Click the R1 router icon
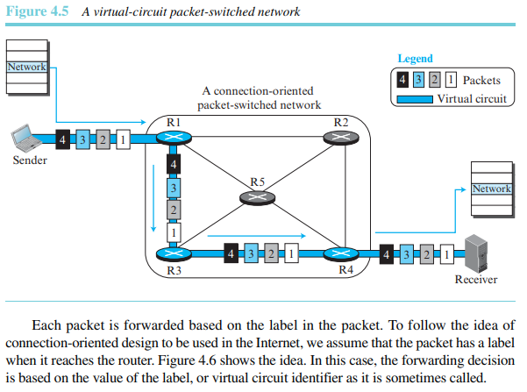[174, 138]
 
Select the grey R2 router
[341, 138]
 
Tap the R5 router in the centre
[258, 197]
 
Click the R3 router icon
[174, 253]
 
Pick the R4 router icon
[341, 253]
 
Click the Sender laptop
[25, 138]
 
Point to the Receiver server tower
[476, 253]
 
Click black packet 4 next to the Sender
[62, 139]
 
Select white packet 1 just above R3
[174, 232]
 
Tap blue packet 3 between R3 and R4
[251, 253]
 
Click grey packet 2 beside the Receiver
[427, 254]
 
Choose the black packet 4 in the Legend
[402, 80]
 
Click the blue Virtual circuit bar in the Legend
[415, 99]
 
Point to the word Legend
[415, 59]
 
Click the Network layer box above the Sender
[27, 67]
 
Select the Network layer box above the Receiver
[492, 189]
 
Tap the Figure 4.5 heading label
[38, 11]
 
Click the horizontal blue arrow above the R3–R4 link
[257, 236]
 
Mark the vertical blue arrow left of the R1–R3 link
[153, 198]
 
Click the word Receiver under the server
[476, 280]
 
